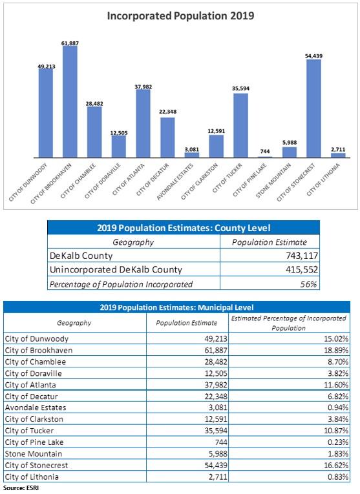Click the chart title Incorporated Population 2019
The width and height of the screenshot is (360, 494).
(180, 17)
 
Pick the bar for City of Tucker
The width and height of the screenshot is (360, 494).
(240, 125)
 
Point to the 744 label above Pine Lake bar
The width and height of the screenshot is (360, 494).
(265, 151)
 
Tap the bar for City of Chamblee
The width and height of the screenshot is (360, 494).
(94, 132)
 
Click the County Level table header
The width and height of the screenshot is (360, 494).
(183, 227)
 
